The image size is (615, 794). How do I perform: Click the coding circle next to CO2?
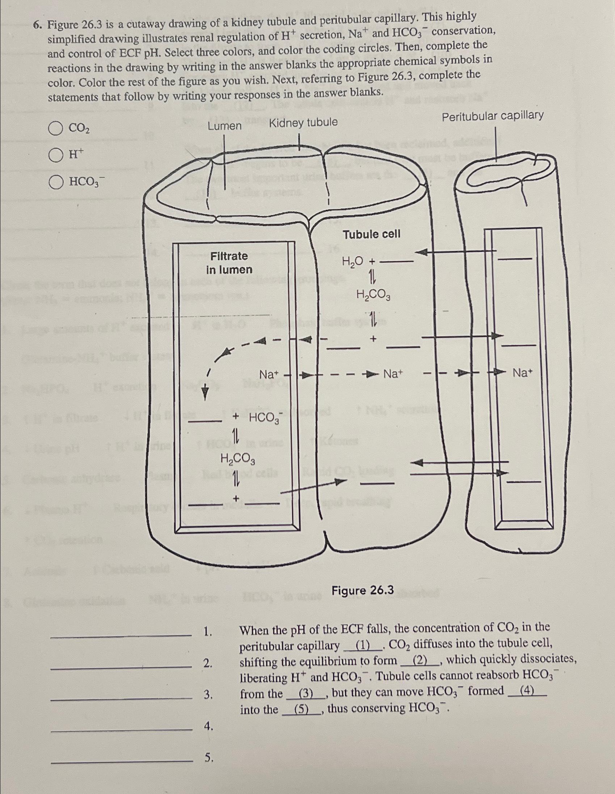(x=56, y=129)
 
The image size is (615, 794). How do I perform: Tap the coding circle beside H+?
(x=56, y=155)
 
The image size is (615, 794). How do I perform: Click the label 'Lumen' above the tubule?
(x=225, y=126)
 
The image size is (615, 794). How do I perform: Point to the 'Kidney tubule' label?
(x=303, y=123)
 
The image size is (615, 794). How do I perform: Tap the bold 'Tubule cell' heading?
(x=372, y=235)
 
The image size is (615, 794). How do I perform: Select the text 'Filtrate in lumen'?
(x=229, y=263)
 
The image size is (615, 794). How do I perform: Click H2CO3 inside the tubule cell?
(x=373, y=295)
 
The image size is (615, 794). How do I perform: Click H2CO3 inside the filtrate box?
(x=238, y=459)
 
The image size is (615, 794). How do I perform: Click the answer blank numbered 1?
(x=122, y=634)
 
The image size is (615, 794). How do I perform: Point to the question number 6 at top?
(x=36, y=25)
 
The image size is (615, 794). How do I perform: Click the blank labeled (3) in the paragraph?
(x=305, y=694)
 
